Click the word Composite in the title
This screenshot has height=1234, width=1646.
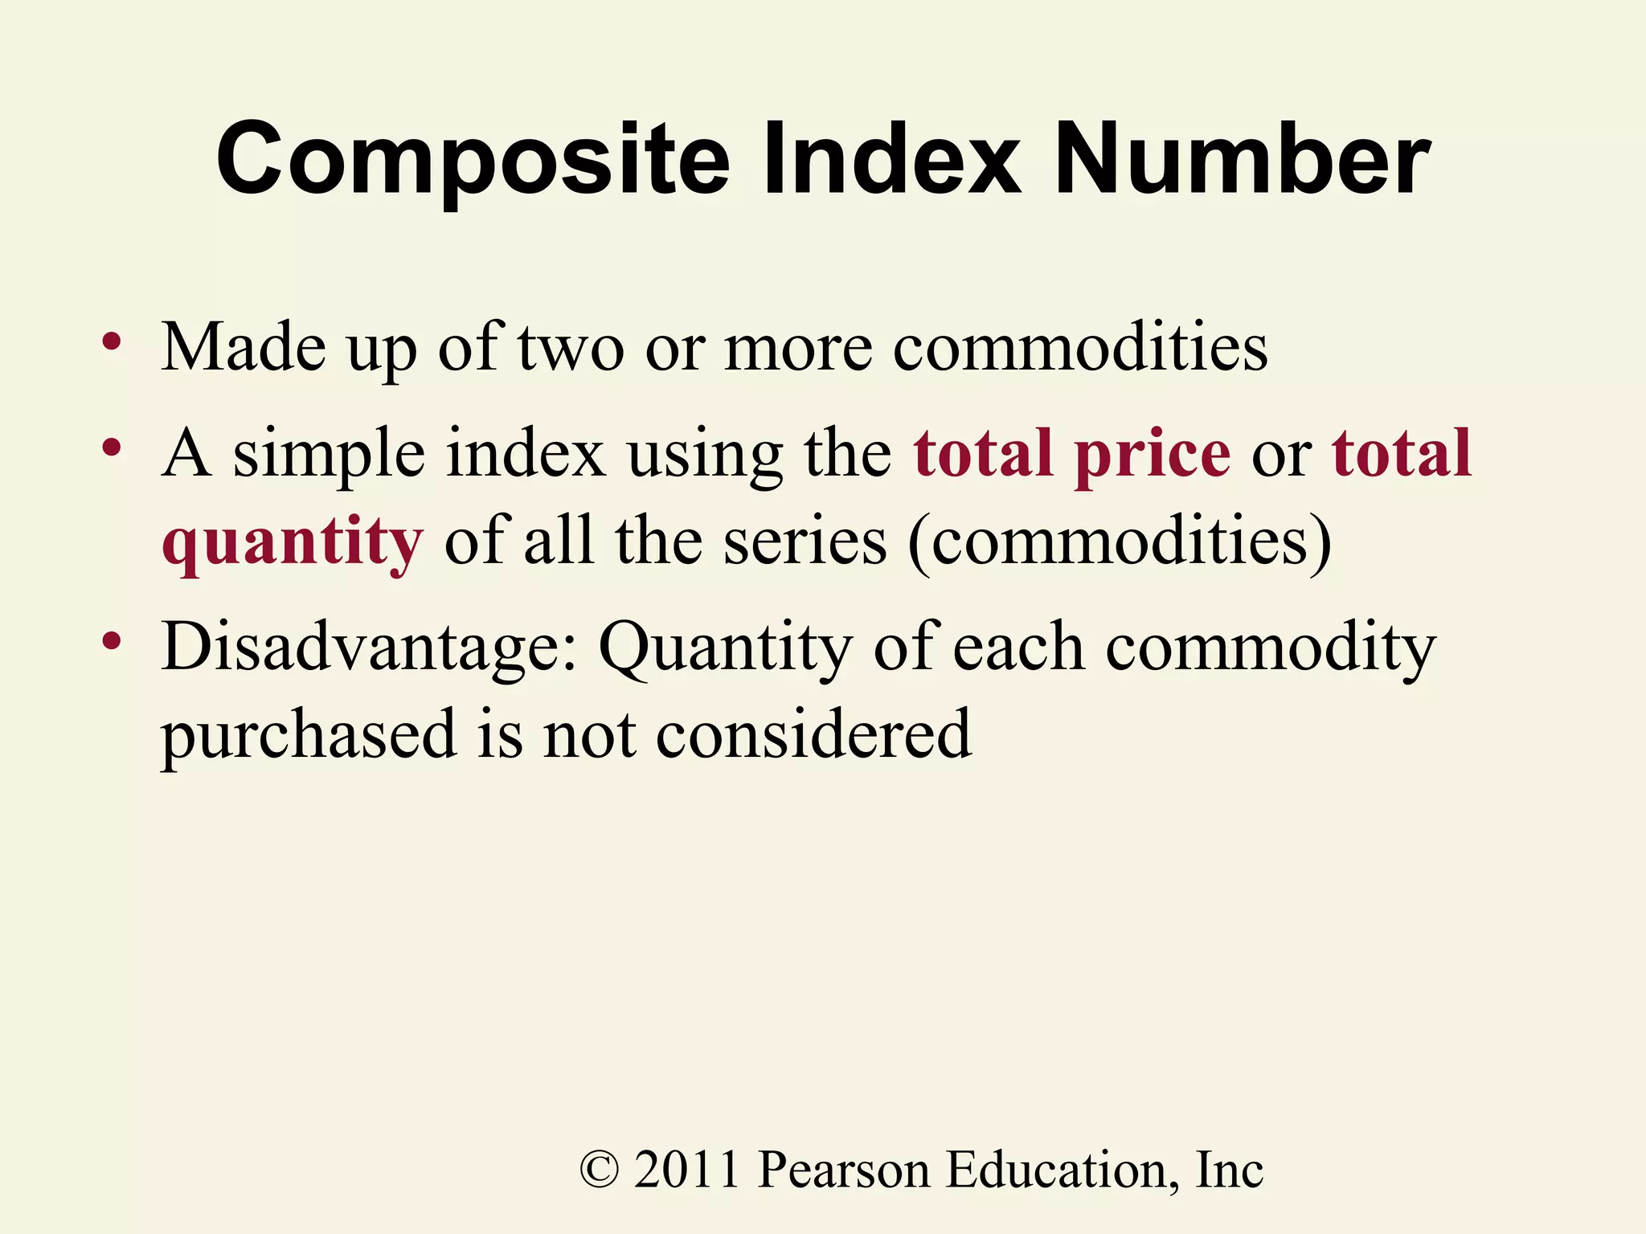[x=473, y=161]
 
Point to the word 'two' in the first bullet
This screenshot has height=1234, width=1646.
[x=571, y=349]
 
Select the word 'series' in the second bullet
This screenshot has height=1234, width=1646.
[x=805, y=541]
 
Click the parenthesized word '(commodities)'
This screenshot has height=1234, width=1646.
[x=1120, y=543]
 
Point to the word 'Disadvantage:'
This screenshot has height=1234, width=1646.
[x=370, y=648]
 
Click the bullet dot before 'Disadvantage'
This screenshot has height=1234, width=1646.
[x=112, y=641]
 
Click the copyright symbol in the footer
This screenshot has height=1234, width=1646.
[x=600, y=1170]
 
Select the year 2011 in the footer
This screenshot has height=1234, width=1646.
[x=687, y=1170]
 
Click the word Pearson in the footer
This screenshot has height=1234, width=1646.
[x=844, y=1170]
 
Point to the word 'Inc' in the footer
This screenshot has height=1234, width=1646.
[x=1230, y=1170]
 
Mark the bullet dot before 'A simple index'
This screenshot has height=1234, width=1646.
[x=112, y=447]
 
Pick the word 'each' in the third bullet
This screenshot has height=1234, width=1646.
[x=1017, y=648]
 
